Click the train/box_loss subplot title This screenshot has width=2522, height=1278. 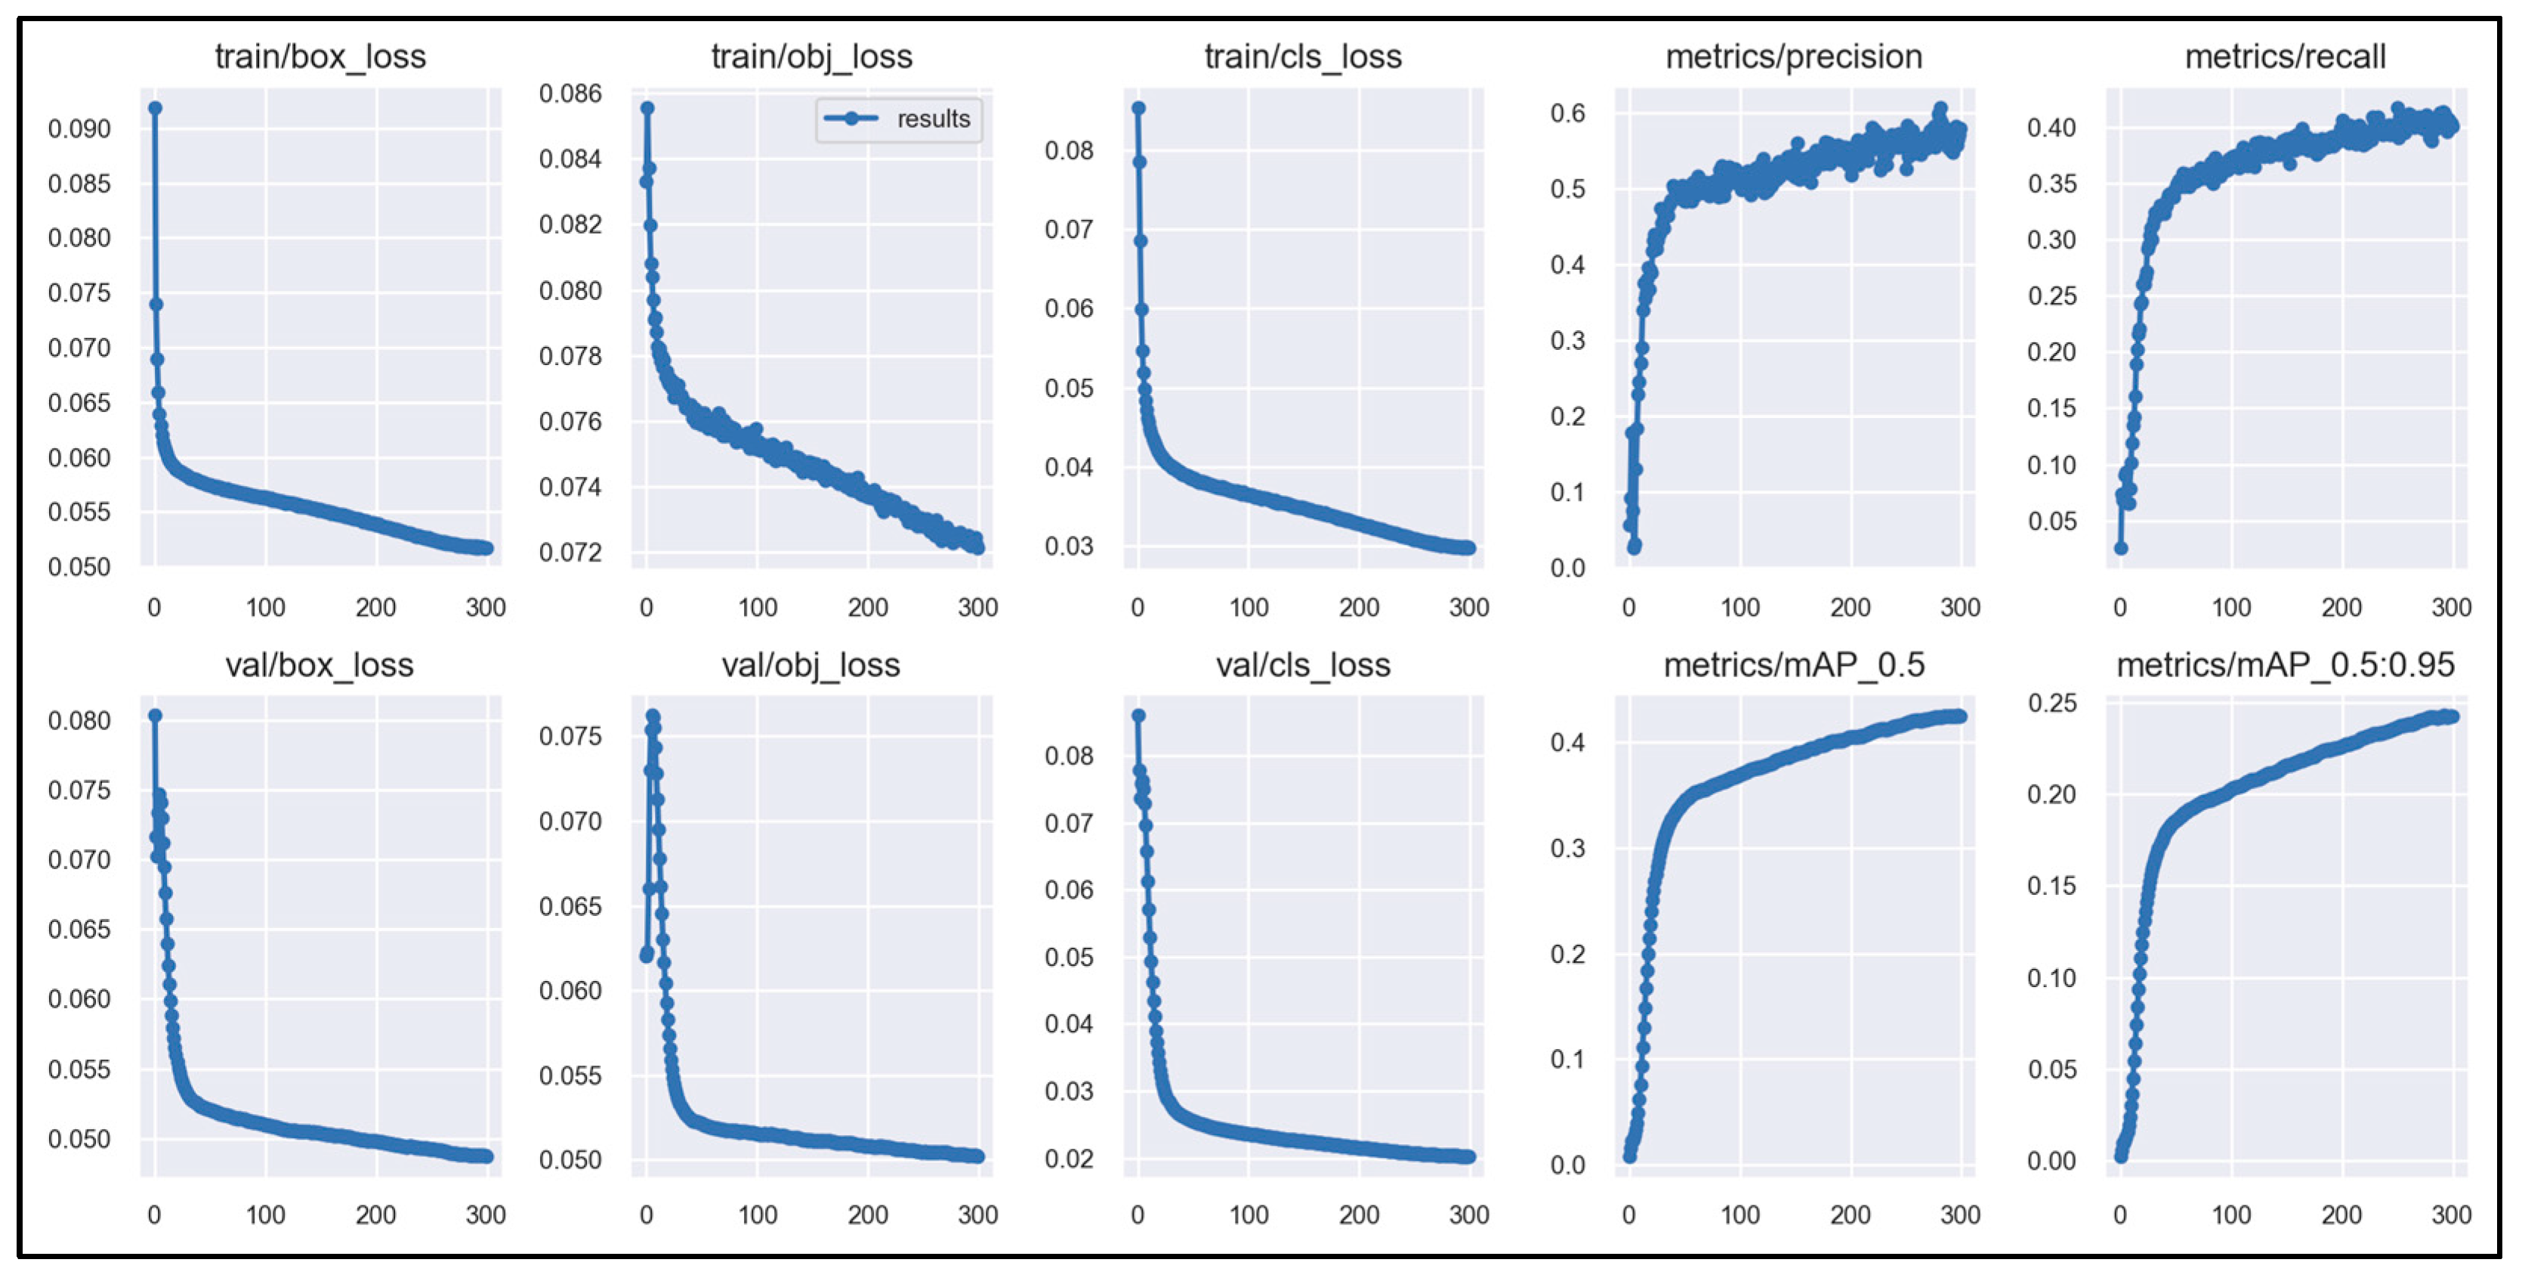tap(320, 57)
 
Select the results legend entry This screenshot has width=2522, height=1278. tap(898, 119)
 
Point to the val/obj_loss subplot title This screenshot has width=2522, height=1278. tap(810, 665)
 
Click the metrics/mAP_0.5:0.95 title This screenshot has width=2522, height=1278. tap(2284, 665)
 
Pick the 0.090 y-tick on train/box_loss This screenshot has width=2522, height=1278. tap(79, 128)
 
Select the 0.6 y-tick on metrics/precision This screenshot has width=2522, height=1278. tap(1567, 113)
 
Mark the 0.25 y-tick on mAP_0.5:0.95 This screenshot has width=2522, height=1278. tap(2051, 703)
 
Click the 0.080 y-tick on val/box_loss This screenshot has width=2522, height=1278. tap(79, 721)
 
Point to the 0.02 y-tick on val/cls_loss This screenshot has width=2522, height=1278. tap(1068, 1159)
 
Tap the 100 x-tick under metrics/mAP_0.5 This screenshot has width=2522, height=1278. tap(1739, 1215)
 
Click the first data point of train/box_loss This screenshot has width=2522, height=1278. tap(155, 108)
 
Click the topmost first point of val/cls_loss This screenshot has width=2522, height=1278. tap(1138, 716)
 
